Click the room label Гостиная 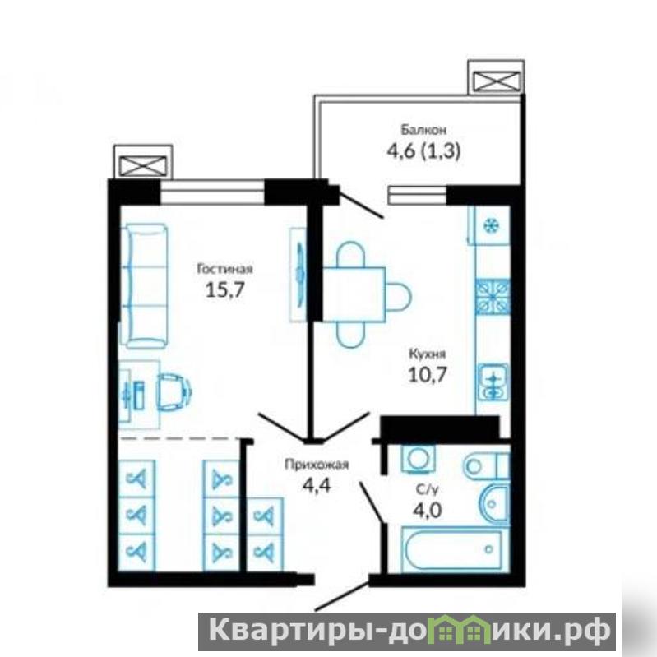pyautogui.click(x=225, y=269)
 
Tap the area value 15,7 pyautogui.click(x=224, y=289)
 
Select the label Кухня pyautogui.click(x=427, y=354)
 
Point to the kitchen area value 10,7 pyautogui.click(x=428, y=375)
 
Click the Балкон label pyautogui.click(x=423, y=130)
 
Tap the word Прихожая pyautogui.click(x=317, y=465)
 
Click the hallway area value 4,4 pyautogui.click(x=317, y=485)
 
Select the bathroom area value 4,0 pyautogui.click(x=428, y=511)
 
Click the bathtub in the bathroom pyautogui.click(x=451, y=550)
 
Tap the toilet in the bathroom pyautogui.click(x=487, y=465)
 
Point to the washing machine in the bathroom pyautogui.click(x=418, y=458)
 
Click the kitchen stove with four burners pyautogui.click(x=493, y=297)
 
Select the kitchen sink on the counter pyautogui.click(x=493, y=381)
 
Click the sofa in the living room pyautogui.click(x=145, y=287)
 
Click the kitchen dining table pyautogui.click(x=354, y=294)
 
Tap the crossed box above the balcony pyautogui.click(x=496, y=81)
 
